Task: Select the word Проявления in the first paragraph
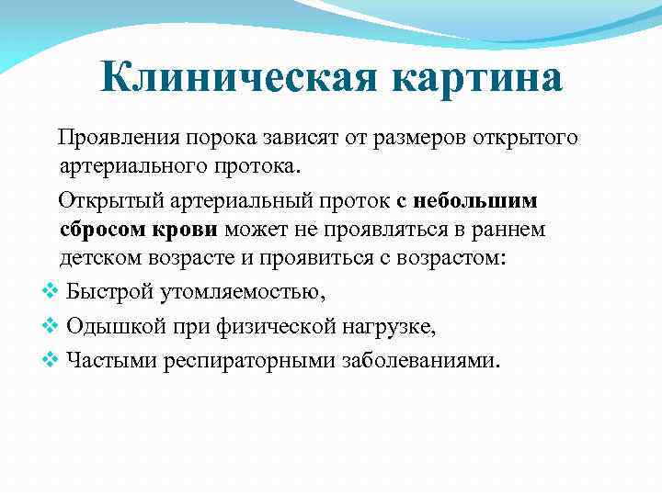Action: click(x=120, y=138)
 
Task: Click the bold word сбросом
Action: click(x=106, y=229)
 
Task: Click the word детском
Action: click(x=102, y=258)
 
